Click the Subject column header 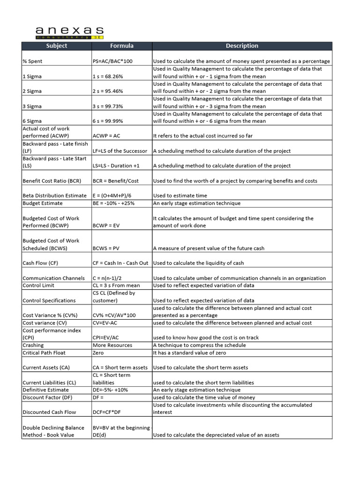56,46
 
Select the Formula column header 121,46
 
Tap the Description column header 242,46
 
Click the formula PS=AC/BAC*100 113,61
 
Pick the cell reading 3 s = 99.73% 108,106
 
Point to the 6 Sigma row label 32,121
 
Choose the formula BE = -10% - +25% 114,203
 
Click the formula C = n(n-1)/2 111,278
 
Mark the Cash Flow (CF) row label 41,263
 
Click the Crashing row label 33,345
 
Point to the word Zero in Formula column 99,353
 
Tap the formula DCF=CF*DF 108,412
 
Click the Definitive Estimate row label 45,390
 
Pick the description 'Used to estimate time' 180,196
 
